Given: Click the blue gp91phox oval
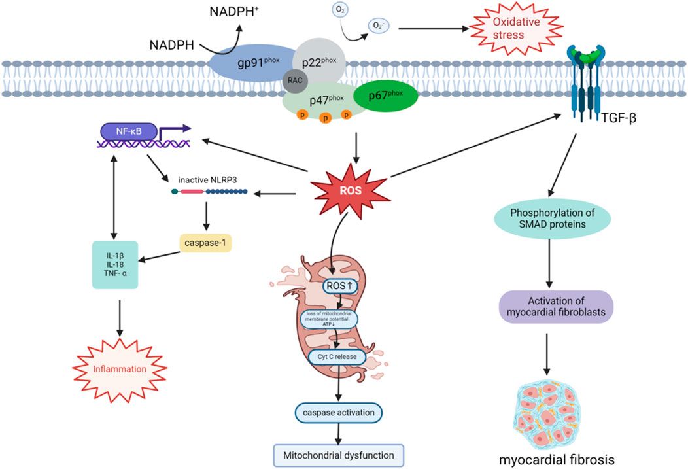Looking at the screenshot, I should [x=245, y=65].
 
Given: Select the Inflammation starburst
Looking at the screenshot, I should [x=119, y=369].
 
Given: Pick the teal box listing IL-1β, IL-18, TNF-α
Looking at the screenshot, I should [x=114, y=264].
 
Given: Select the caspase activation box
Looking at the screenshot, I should [x=338, y=413].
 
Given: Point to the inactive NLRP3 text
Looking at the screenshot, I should [x=208, y=179].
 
